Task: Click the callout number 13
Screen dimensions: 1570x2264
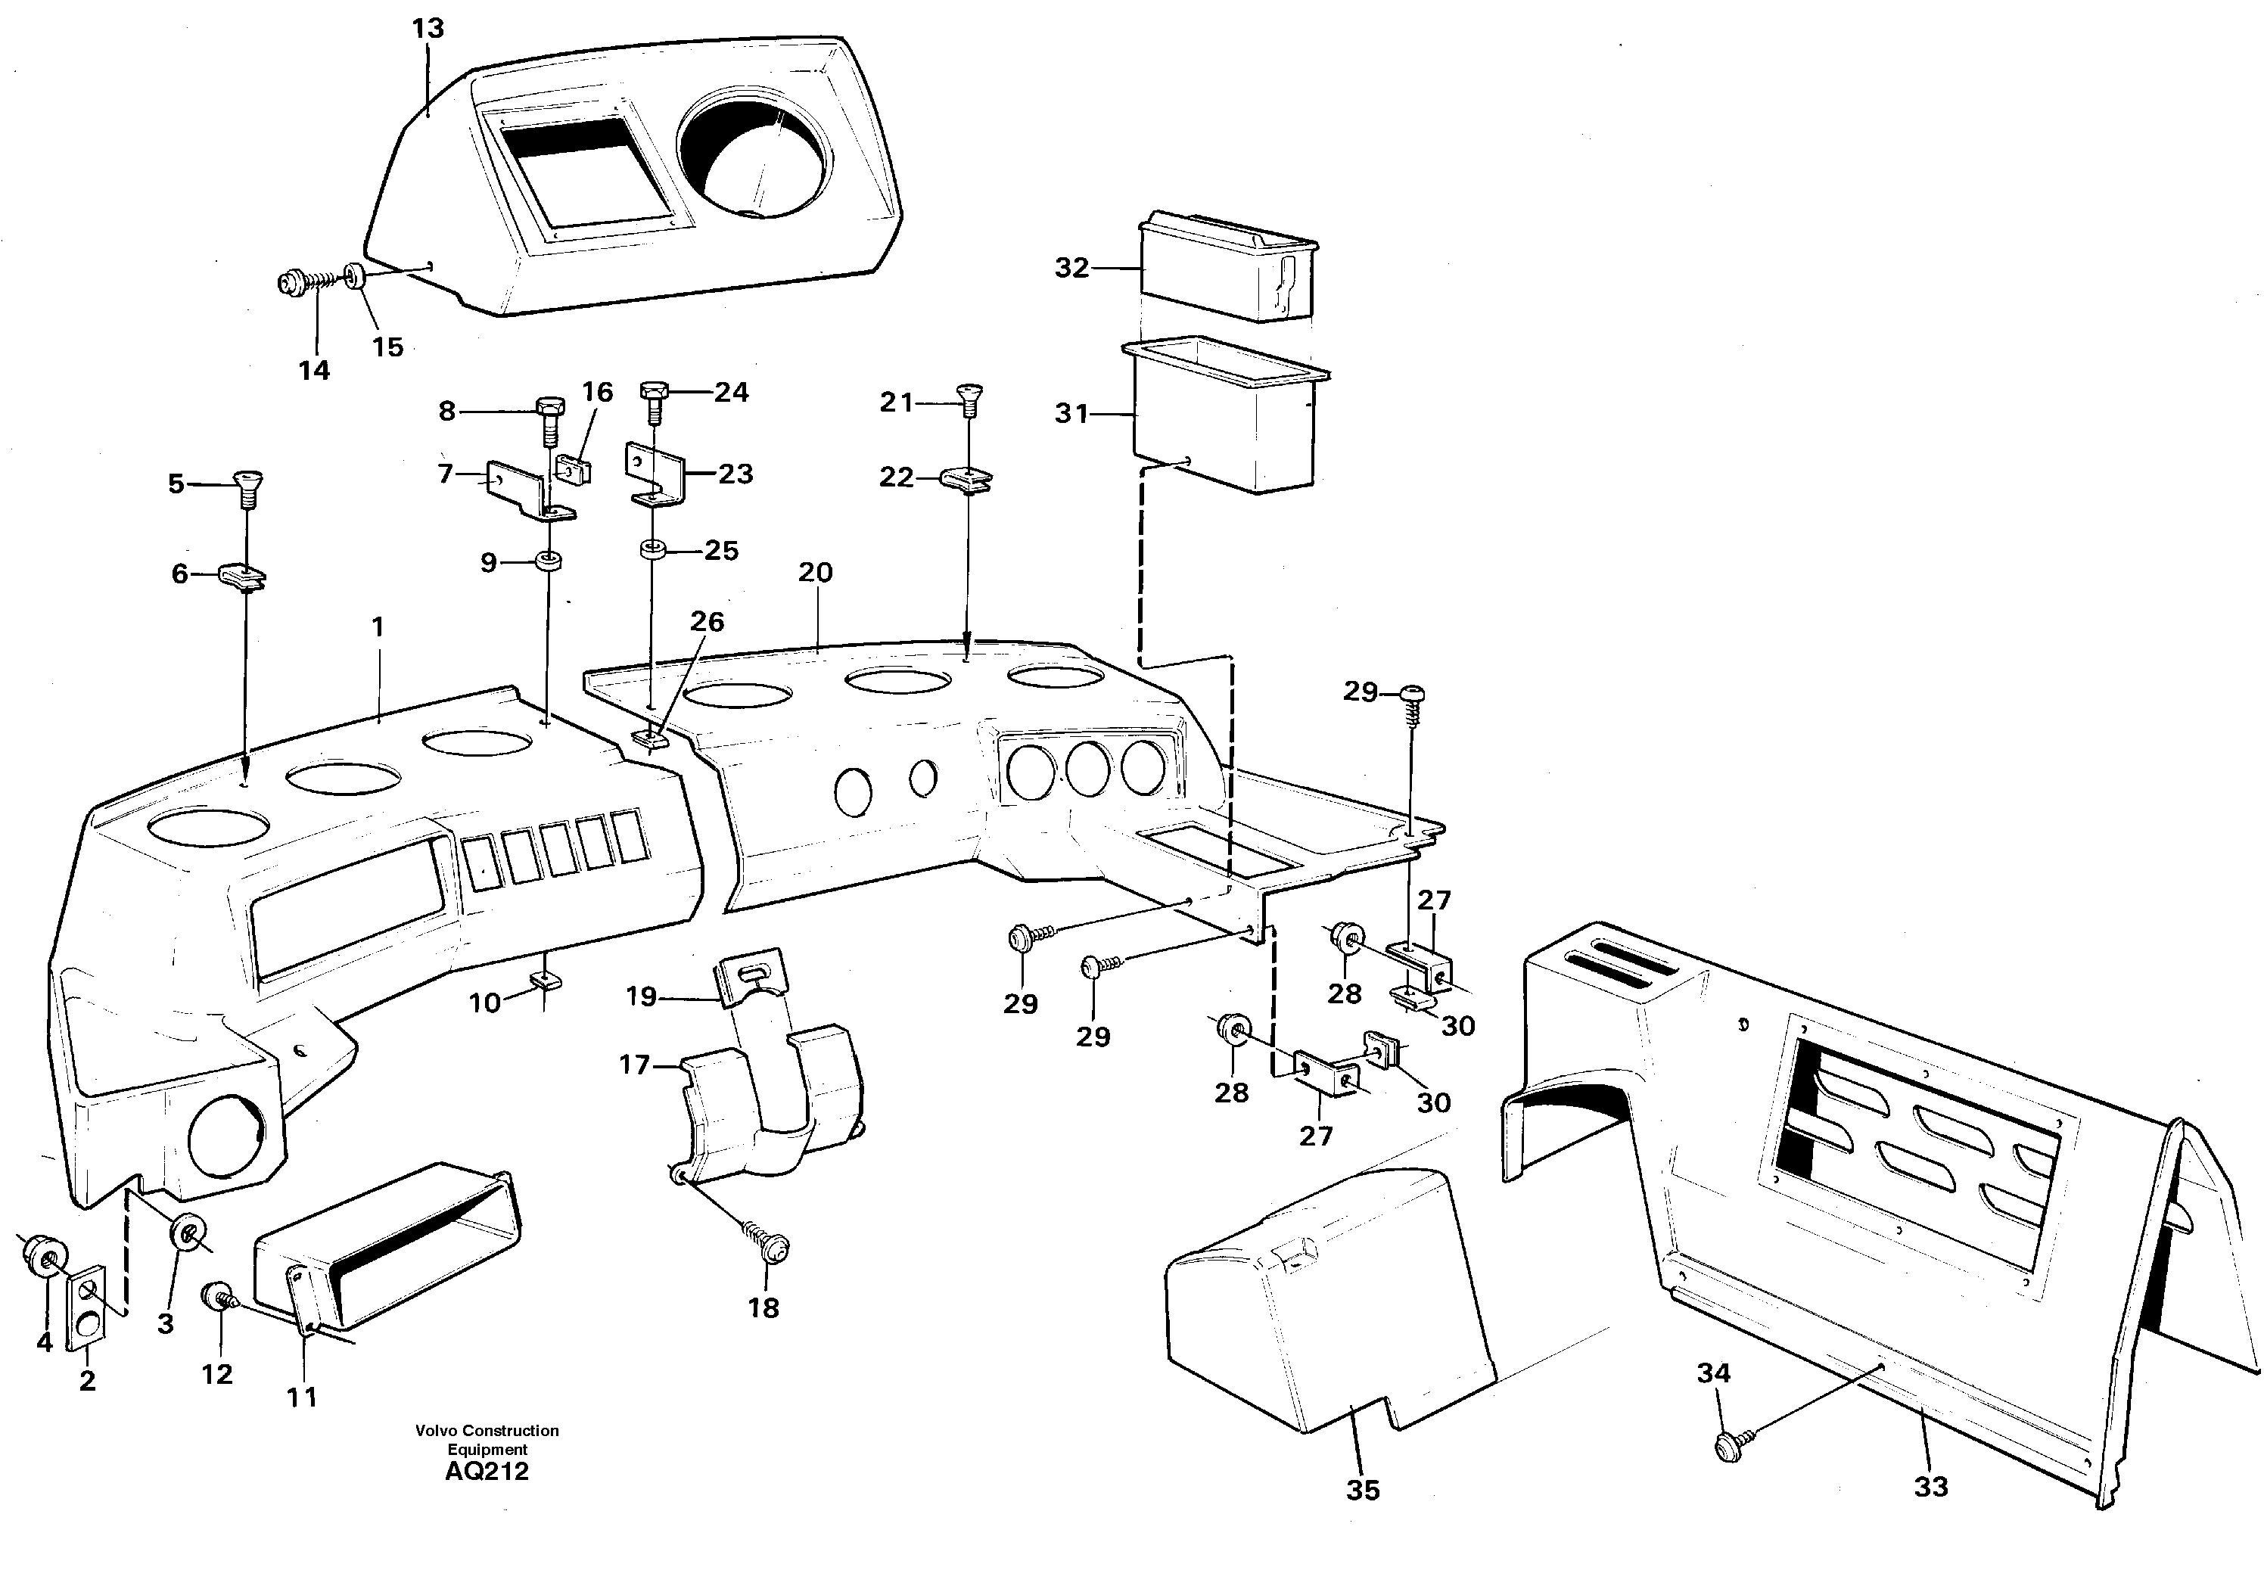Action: pos(428,29)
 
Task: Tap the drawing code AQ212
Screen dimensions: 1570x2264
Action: pos(487,1472)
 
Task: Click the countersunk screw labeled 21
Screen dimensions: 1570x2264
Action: pos(970,399)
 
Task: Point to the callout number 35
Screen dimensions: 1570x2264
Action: pos(1362,1491)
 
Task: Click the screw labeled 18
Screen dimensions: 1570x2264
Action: pos(772,1246)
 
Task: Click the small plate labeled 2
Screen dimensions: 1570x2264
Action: pos(86,1307)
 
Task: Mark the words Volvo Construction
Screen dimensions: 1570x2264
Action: pos(487,1430)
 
